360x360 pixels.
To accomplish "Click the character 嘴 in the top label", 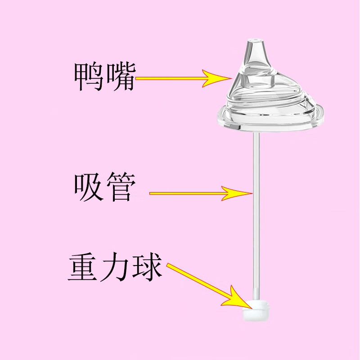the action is [x=120, y=77].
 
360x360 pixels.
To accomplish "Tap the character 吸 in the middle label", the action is [x=89, y=187].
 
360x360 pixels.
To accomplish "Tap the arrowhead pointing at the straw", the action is [x=237, y=193].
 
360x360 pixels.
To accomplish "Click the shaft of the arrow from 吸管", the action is [x=186, y=193].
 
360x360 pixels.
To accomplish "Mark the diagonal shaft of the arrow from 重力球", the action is [x=198, y=282].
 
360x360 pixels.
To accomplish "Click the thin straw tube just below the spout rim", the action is [x=256, y=142].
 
